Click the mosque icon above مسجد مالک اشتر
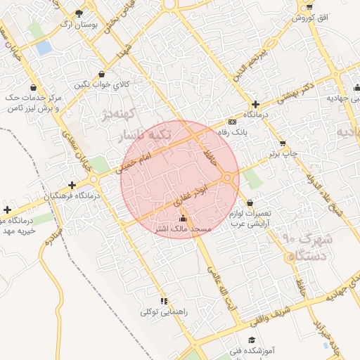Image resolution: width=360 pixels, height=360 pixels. point(184,218)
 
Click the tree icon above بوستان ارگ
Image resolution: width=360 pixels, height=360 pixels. point(79,13)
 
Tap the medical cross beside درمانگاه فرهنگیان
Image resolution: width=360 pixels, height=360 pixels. point(72,185)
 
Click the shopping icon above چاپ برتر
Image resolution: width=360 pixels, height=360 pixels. point(283,143)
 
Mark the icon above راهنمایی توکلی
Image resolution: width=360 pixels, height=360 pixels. point(164,301)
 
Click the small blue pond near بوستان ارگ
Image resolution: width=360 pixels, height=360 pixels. point(44,48)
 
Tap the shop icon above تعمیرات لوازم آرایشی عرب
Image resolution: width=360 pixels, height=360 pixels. point(250,203)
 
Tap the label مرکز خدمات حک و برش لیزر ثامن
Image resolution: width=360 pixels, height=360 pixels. point(34,102)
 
